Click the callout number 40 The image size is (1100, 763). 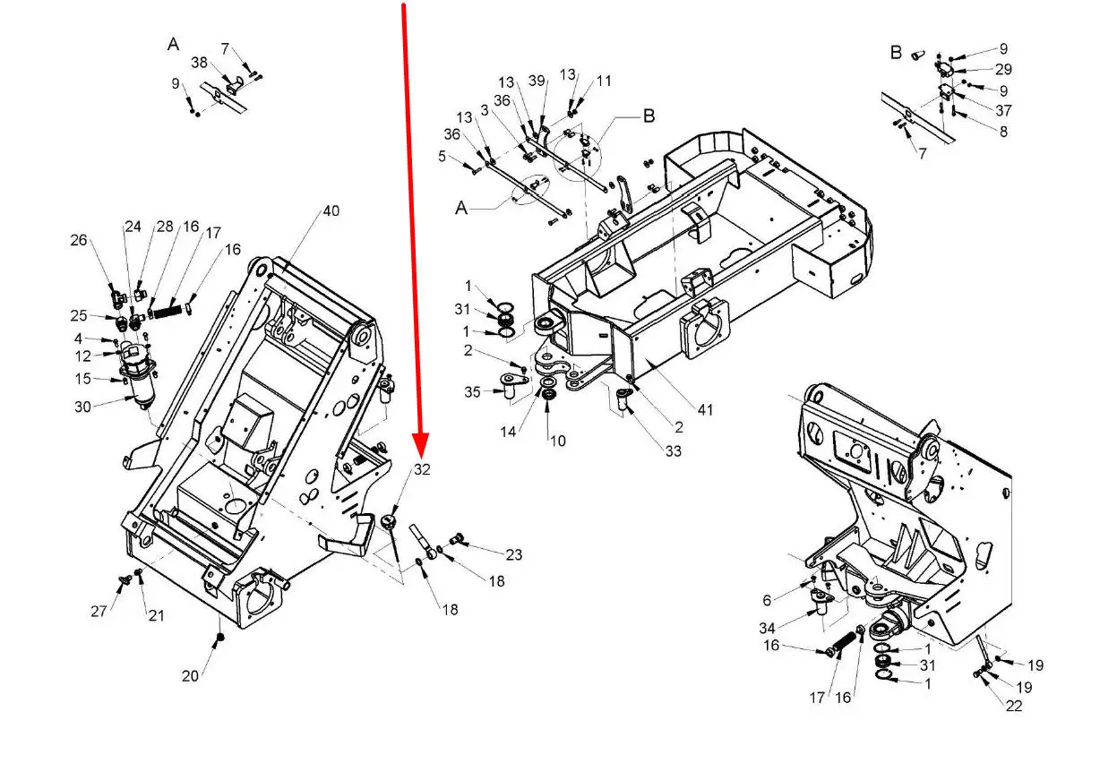point(331,211)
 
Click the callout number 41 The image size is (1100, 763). point(705,409)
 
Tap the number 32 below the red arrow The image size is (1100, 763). point(422,469)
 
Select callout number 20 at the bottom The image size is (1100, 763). point(190,676)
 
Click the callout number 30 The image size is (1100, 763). point(82,407)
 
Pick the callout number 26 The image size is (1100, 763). point(79,240)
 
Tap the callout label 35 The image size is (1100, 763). point(472,392)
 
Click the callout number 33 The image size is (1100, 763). point(674,450)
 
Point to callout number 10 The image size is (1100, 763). point(558,441)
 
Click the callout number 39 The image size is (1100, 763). point(537,81)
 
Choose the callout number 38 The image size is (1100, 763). point(199,63)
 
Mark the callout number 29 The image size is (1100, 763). point(1003,69)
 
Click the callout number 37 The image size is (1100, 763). point(1003,110)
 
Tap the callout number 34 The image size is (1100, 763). point(767,628)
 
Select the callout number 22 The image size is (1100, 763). point(1014,706)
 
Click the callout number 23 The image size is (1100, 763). point(513,555)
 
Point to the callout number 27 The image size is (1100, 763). point(99,612)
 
